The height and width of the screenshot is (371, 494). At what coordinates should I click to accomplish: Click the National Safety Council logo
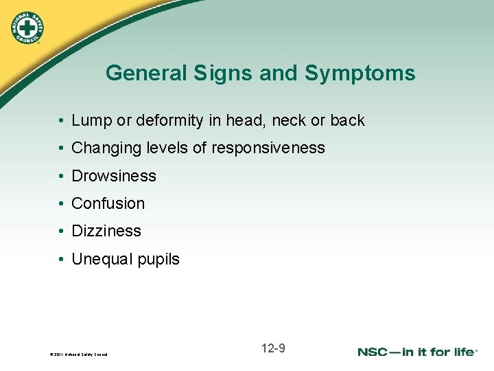(x=26, y=25)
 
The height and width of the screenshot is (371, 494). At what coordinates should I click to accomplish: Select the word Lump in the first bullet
(x=89, y=121)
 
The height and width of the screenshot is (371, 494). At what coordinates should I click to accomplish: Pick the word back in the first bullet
(x=347, y=121)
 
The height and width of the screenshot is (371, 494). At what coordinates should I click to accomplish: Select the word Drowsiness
(x=114, y=176)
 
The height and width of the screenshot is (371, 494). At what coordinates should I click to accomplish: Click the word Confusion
(x=108, y=203)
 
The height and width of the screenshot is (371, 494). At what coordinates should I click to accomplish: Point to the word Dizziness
(x=106, y=232)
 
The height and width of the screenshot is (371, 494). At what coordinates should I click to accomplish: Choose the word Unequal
(x=99, y=260)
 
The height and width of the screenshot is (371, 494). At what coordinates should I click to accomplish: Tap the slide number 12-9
(x=273, y=348)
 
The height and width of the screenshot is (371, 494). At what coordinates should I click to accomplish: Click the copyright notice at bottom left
(x=79, y=355)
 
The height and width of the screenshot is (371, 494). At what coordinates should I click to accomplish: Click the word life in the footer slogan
(x=463, y=352)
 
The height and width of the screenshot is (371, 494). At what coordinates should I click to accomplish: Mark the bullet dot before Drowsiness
(x=61, y=177)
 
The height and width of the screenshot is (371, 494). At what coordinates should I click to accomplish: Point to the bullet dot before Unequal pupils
(x=61, y=260)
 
